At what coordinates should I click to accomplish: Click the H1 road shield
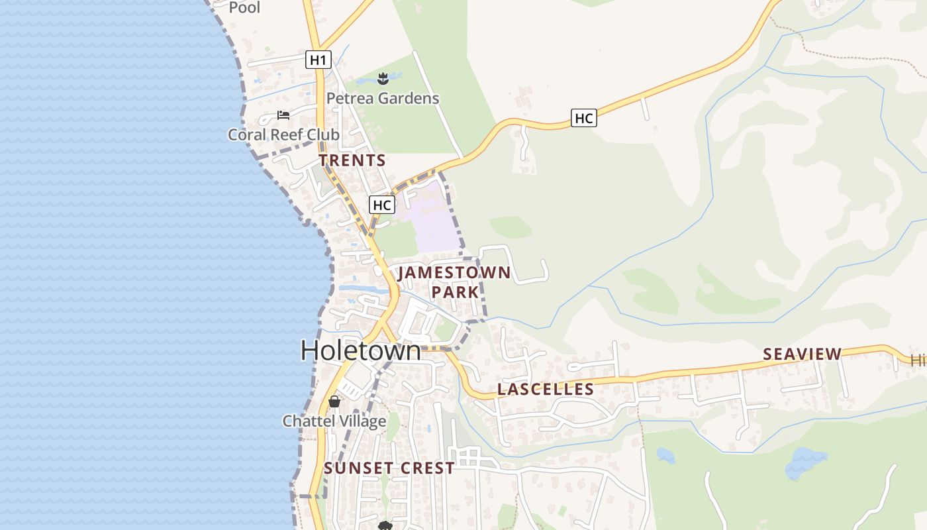click(318, 60)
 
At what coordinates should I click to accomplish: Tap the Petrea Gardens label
click(383, 99)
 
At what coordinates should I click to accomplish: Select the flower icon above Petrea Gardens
click(382, 79)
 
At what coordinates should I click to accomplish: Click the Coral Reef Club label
click(283, 134)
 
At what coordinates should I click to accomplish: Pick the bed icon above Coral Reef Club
click(283, 115)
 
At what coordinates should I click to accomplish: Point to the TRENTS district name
click(352, 160)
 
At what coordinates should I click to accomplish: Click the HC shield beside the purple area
click(382, 205)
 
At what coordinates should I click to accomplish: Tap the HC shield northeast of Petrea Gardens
click(583, 119)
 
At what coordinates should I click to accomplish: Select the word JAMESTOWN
click(454, 273)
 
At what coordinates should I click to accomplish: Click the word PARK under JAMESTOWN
click(455, 292)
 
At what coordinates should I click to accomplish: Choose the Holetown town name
click(360, 350)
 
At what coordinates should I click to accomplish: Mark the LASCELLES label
click(546, 390)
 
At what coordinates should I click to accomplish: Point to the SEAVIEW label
click(802, 354)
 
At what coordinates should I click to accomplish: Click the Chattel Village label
click(334, 421)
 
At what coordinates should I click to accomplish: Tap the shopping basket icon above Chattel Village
click(334, 401)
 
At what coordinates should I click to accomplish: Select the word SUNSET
click(358, 468)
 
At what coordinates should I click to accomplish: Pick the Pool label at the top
click(244, 7)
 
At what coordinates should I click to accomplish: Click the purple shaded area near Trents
click(434, 222)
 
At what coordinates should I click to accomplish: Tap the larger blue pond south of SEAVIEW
click(806, 462)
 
